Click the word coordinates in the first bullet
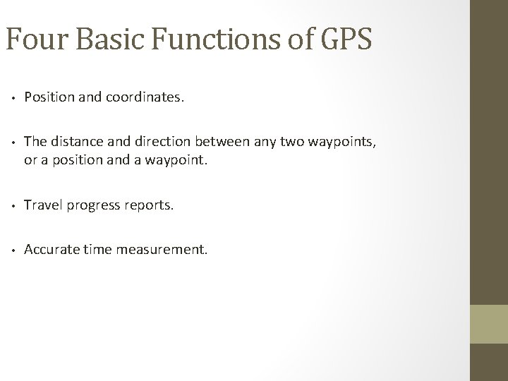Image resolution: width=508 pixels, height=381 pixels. (145, 98)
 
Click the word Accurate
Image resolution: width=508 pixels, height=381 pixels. (50, 250)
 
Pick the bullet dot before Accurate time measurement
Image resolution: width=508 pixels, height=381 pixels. (13, 250)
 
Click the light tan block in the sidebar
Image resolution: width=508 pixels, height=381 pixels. (488, 323)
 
